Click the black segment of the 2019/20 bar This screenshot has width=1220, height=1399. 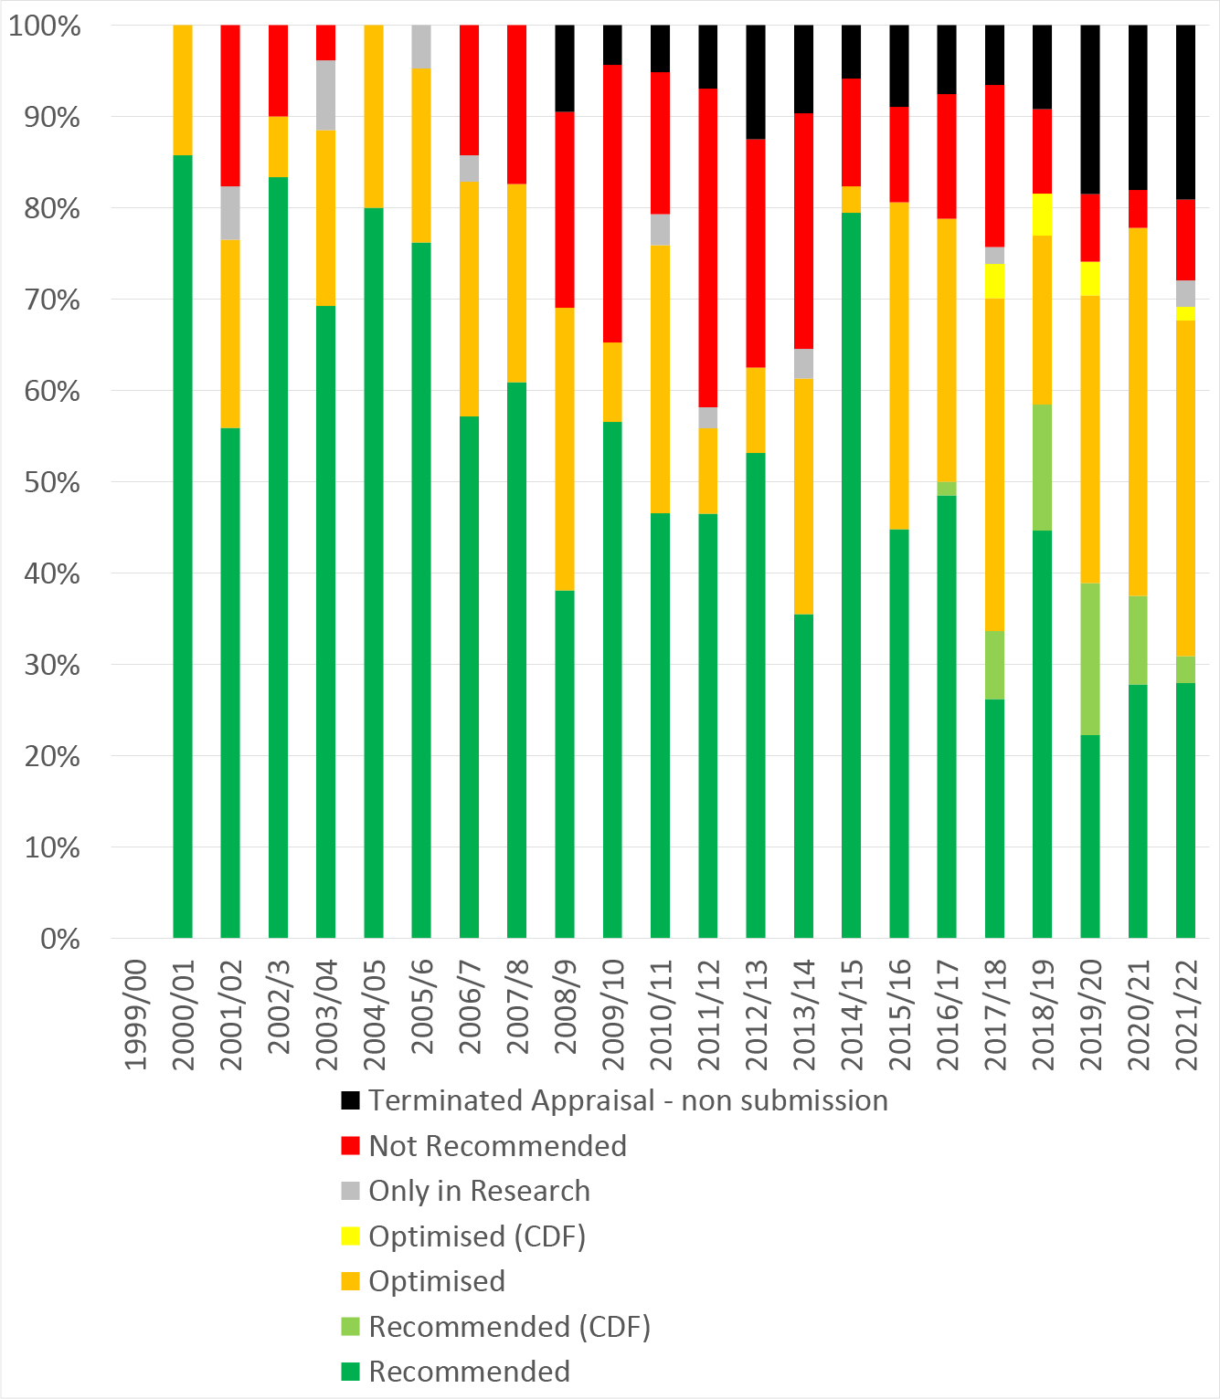(1090, 110)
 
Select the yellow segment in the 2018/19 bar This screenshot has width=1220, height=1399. (1043, 215)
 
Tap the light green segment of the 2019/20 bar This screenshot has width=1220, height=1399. (1090, 658)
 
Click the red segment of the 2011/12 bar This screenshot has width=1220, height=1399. (708, 247)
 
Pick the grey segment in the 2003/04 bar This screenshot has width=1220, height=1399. (325, 95)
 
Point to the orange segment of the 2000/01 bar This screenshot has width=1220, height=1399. (183, 89)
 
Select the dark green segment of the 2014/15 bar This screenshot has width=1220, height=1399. (852, 575)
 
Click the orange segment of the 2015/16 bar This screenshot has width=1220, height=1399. (899, 365)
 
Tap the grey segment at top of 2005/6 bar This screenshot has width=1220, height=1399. (421, 47)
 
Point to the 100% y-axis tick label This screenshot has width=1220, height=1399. (45, 26)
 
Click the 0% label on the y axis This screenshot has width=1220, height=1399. (60, 939)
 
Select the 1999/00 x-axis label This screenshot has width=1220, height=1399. (134, 1014)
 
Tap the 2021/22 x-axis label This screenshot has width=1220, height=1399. (1186, 1014)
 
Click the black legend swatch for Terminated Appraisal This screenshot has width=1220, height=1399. (350, 1100)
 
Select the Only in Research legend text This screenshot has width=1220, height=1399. (479, 1191)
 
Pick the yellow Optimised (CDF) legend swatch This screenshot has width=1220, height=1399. (350, 1236)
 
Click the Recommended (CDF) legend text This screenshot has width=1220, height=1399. (509, 1326)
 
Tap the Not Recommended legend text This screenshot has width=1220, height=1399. (497, 1146)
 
